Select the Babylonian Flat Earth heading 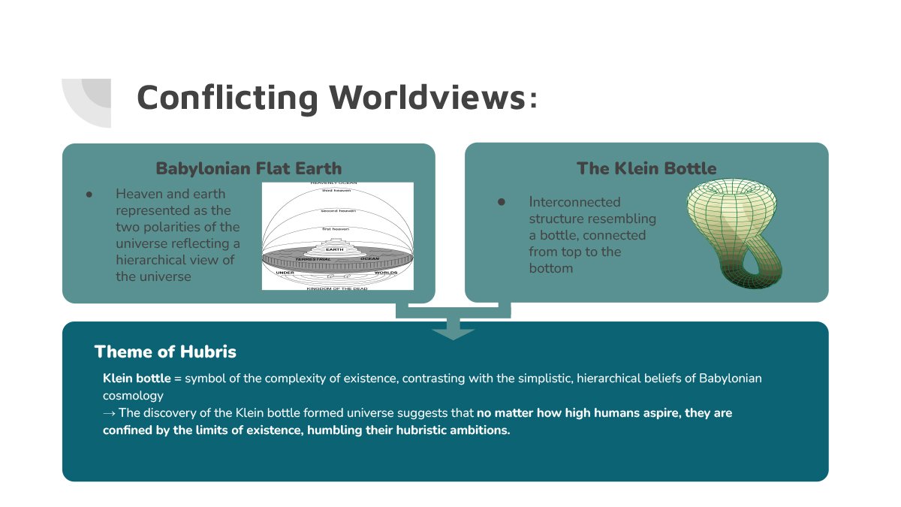(x=249, y=168)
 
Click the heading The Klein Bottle (x=646, y=168)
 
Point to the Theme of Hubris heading (x=165, y=352)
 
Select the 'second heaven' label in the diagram (x=338, y=210)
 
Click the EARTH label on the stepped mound (x=336, y=249)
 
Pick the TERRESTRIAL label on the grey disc (x=312, y=259)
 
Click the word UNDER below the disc (x=285, y=272)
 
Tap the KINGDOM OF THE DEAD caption (x=337, y=288)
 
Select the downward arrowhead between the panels (x=453, y=333)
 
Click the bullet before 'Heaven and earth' (x=89, y=194)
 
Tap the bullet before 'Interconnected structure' (x=502, y=202)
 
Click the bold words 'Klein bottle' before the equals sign (x=137, y=378)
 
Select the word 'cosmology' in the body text (x=133, y=395)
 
